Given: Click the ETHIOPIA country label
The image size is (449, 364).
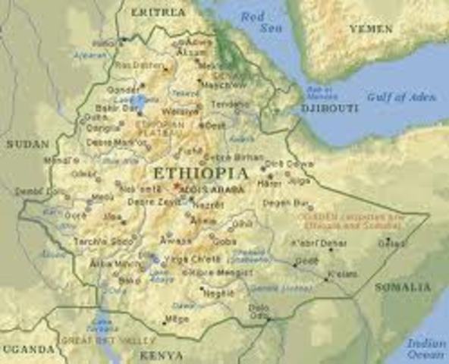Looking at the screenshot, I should [x=200, y=173].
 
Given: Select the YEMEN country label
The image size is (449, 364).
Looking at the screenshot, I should [x=370, y=29].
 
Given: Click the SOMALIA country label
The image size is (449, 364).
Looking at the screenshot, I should [x=403, y=288].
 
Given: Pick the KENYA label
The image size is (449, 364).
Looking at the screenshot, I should [x=161, y=355].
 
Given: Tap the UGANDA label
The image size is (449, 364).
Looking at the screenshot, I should [x=27, y=350].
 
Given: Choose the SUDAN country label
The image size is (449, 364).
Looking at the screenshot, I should [x=27, y=143].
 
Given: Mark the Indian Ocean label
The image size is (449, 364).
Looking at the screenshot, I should [x=425, y=349].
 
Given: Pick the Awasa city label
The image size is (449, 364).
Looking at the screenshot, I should [x=179, y=240].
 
